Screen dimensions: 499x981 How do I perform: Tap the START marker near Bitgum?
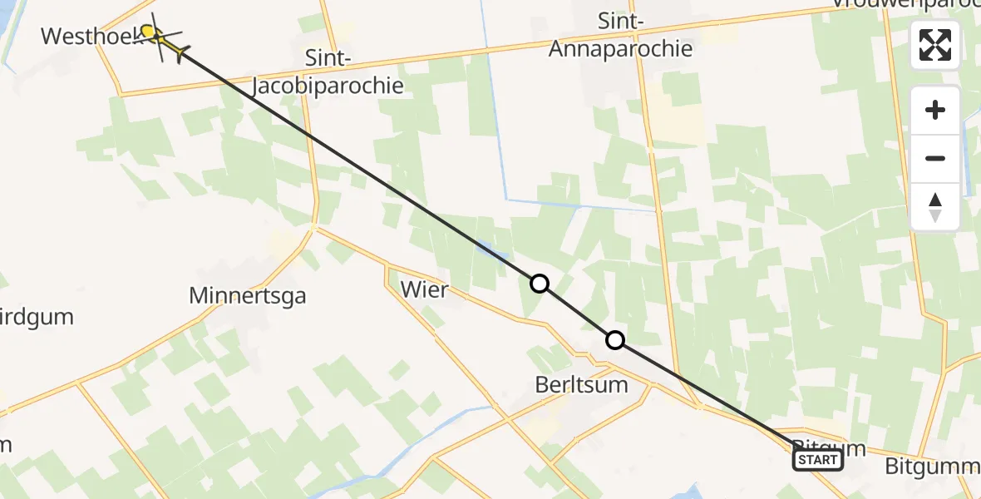[818, 460]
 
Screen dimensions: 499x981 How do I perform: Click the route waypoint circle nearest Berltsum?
[614, 339]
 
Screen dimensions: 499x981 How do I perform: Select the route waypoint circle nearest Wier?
[540, 284]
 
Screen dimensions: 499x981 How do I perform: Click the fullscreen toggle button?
[935, 45]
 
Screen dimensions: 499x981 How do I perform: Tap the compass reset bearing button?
[935, 207]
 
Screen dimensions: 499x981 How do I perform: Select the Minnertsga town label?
[248, 295]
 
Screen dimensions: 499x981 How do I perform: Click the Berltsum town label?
[582, 386]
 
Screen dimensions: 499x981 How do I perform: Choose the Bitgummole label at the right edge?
[932, 467]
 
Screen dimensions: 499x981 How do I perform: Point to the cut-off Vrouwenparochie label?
[906, 4]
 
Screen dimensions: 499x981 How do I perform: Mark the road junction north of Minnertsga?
[313, 226]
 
